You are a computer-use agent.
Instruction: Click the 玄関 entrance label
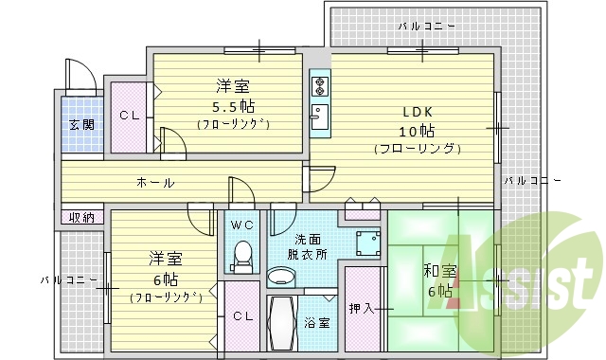[x=80, y=125]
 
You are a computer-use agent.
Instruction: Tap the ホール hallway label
[x=154, y=182]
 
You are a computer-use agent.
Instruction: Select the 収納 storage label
[x=81, y=217]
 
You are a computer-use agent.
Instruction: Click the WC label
[x=241, y=225]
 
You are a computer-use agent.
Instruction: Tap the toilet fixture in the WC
[x=243, y=255]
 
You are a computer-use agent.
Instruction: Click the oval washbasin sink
[x=281, y=276]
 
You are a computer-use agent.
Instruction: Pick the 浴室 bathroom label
[x=316, y=323]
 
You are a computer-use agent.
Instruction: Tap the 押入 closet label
[x=361, y=308]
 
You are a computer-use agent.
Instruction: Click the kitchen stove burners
[x=319, y=86]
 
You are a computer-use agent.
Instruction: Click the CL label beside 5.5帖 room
[x=129, y=116]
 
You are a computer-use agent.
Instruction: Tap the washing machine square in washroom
[x=365, y=243]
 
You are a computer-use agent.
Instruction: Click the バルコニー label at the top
[x=426, y=26]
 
